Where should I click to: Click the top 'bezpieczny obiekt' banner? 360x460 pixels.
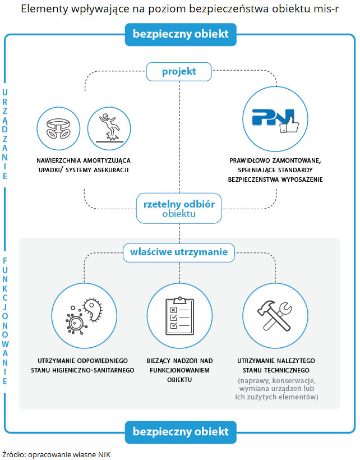click(x=181, y=34)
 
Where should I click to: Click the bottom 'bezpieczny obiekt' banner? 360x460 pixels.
click(x=181, y=431)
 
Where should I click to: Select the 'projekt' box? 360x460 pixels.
click(x=179, y=71)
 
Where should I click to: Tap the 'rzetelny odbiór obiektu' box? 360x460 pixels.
click(x=179, y=208)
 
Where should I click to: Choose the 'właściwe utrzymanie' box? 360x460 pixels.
click(x=179, y=252)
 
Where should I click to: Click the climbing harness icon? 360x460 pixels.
click(x=58, y=127)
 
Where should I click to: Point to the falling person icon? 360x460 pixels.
click(x=109, y=127)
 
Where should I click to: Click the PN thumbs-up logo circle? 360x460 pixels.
click(x=271, y=118)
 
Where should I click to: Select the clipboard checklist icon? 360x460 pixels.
click(x=179, y=315)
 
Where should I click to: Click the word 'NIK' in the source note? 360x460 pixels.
click(x=104, y=454)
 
